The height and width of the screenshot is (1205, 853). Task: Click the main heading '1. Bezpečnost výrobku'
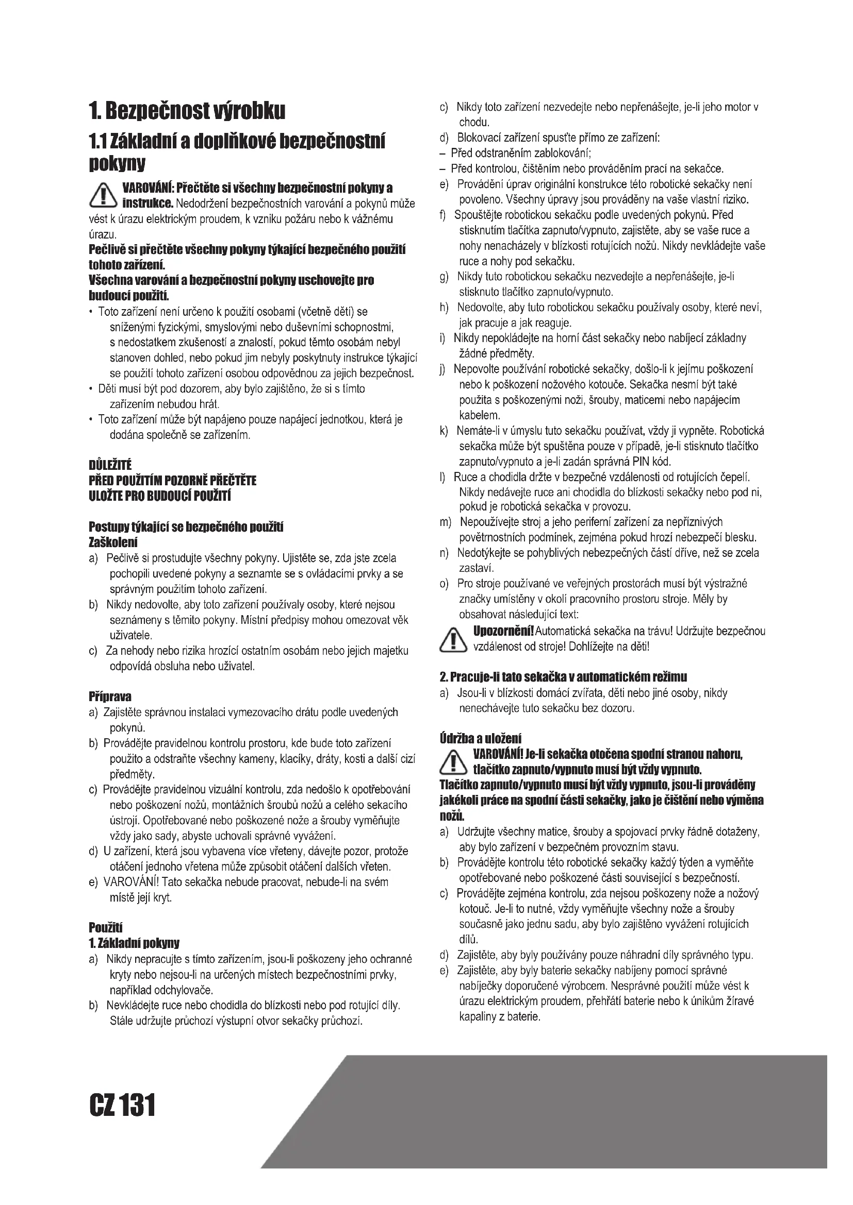[x=187, y=111]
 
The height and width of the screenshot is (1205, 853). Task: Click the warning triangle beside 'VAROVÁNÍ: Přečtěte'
[x=103, y=195]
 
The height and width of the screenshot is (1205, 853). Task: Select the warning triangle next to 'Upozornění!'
[x=453, y=639]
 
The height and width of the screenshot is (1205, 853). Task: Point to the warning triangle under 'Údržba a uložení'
[x=453, y=762]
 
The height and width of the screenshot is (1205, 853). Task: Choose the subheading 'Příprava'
[x=110, y=697]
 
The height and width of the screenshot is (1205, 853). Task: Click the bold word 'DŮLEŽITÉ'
[x=110, y=465]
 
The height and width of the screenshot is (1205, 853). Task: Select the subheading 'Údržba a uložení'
[x=480, y=738]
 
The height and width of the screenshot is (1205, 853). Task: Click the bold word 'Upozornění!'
[x=503, y=631]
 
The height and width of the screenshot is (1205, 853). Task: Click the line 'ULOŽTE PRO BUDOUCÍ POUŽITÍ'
[x=160, y=496]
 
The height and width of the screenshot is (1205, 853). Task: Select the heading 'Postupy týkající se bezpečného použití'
[x=186, y=527]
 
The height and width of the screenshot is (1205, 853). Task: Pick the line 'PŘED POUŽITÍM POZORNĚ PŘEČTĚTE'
[x=172, y=481]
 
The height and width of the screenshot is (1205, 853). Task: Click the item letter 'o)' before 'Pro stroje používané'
[x=445, y=584]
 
